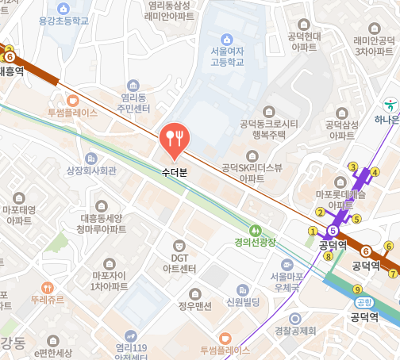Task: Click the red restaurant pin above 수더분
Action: pos(173,139)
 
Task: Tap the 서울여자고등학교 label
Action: pos(227,56)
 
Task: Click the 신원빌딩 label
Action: pos(244,301)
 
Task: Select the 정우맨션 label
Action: pos(194,304)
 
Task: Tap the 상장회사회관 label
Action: pos(90,170)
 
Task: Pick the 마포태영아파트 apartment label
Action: pos(18,216)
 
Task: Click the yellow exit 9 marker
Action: pos(357,289)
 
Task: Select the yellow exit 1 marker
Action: pos(313,231)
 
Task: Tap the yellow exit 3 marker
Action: pos(353,166)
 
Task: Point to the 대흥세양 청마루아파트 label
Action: pos(102,222)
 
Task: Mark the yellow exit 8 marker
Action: pos(329,255)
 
